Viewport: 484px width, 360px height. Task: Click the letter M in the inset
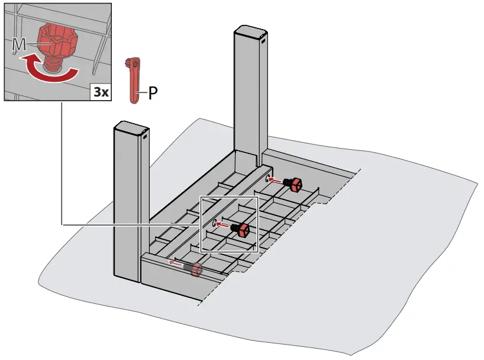(19, 44)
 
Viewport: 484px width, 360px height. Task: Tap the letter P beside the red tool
(153, 93)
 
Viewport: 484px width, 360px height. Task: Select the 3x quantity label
(100, 92)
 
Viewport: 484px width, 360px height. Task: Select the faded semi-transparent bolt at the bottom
(193, 269)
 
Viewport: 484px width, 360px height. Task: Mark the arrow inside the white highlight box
(223, 224)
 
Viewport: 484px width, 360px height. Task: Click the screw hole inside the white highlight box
(212, 223)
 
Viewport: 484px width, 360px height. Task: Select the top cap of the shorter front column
(129, 127)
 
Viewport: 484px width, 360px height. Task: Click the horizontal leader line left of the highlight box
(130, 225)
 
